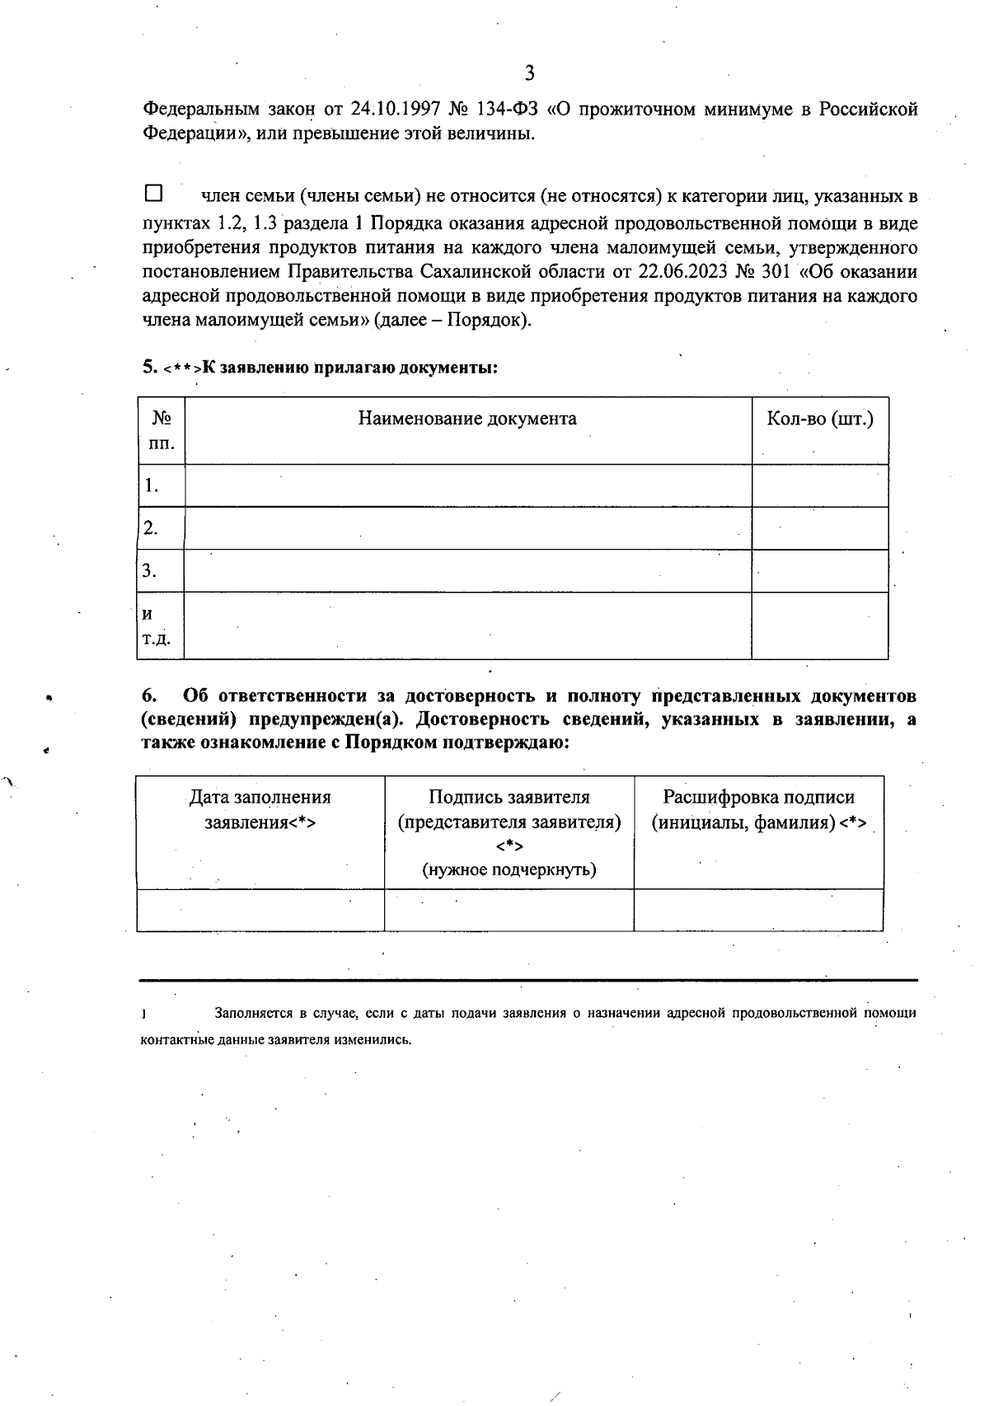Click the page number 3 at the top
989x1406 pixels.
pyautogui.click(x=529, y=73)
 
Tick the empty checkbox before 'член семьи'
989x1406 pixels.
pyautogui.click(x=153, y=194)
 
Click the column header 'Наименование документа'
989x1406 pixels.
pyautogui.click(x=467, y=419)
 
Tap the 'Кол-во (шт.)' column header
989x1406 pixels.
pyautogui.click(x=819, y=419)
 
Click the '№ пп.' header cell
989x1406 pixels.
pyautogui.click(x=162, y=430)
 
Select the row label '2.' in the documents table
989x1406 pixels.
pyautogui.click(x=151, y=528)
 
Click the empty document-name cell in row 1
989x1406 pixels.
pyautogui.click(x=467, y=485)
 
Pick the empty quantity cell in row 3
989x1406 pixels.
pyautogui.click(x=819, y=570)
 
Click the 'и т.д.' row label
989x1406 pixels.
pyautogui.click(x=155, y=626)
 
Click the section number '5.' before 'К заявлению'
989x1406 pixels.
pyautogui.click(x=148, y=368)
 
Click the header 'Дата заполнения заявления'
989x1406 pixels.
pyautogui.click(x=260, y=809)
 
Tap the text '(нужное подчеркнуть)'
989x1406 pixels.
pyautogui.click(x=509, y=869)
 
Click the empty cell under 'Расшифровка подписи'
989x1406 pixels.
pyautogui.click(x=758, y=910)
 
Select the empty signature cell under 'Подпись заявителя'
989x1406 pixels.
pyautogui.click(x=509, y=910)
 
